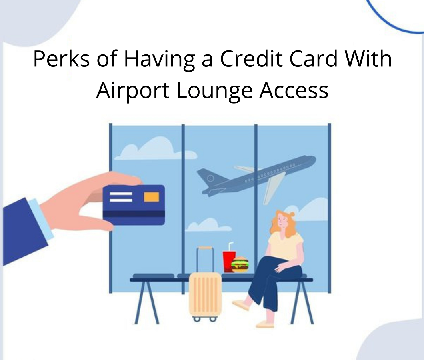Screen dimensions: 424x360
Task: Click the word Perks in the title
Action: point(61,59)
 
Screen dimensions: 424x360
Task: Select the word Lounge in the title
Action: point(214,91)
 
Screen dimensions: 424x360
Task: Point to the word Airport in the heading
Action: point(133,91)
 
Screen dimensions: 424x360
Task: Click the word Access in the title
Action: point(294,90)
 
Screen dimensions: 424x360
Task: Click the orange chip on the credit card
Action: point(151,197)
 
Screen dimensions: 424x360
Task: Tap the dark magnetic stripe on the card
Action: point(134,214)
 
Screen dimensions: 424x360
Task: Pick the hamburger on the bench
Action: point(240,265)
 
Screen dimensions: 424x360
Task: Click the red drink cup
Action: point(229,261)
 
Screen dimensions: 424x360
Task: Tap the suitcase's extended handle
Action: point(205,259)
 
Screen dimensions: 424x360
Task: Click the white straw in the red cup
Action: point(230,246)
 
